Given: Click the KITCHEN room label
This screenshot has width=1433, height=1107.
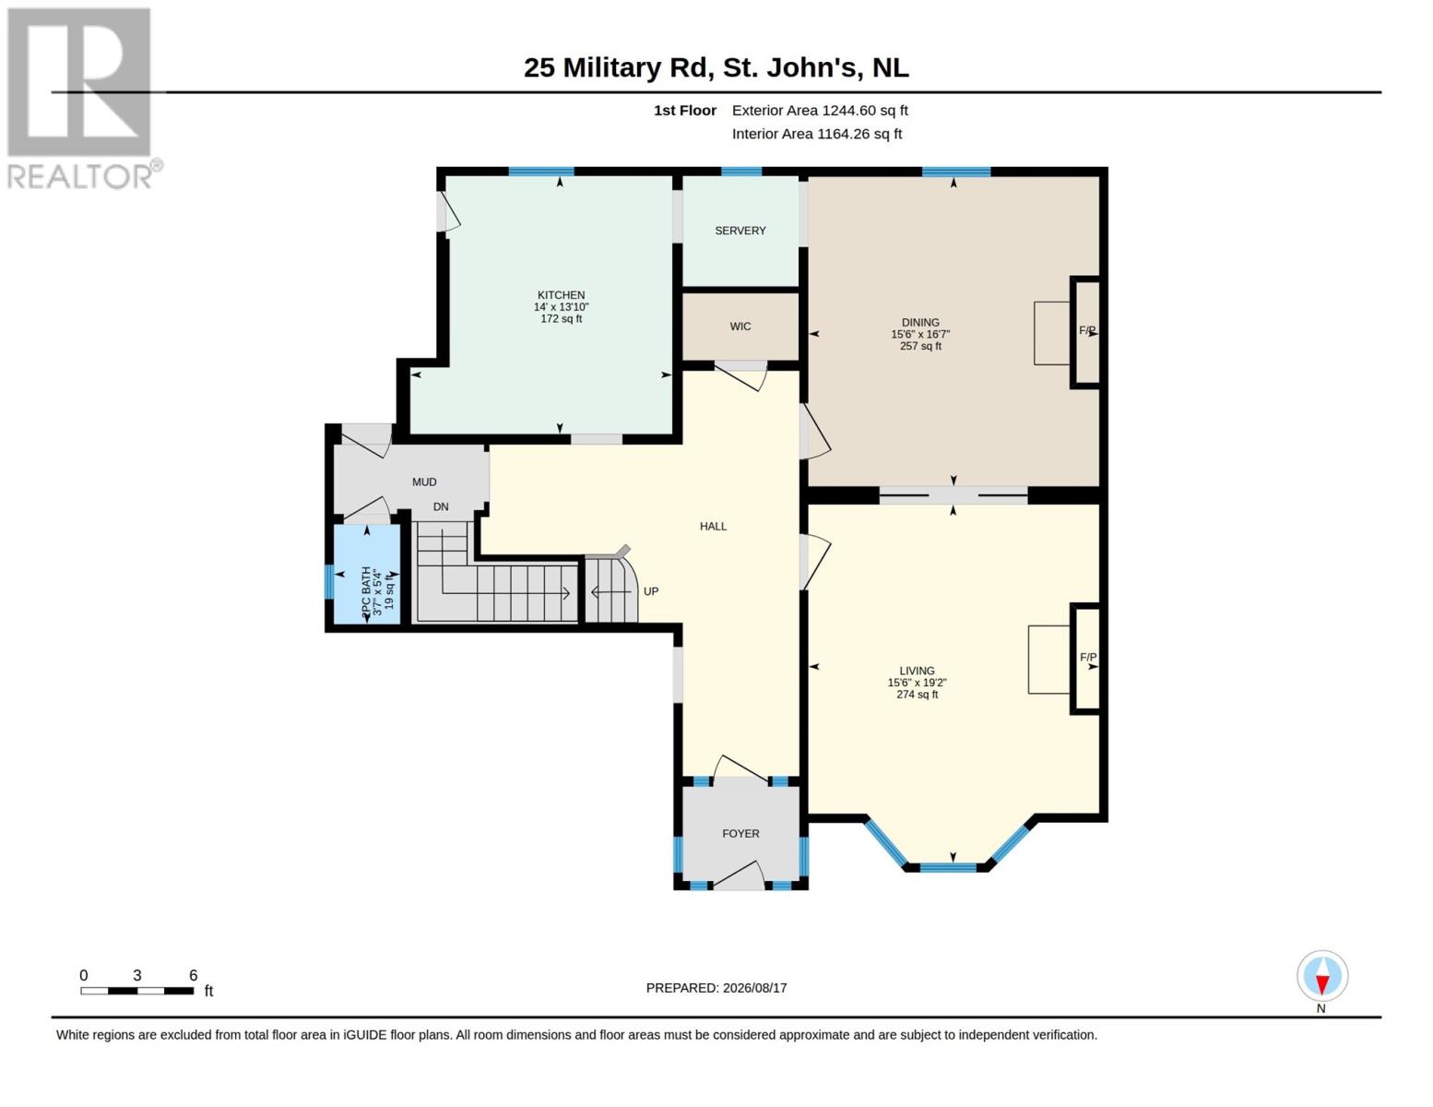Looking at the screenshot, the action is [x=561, y=295].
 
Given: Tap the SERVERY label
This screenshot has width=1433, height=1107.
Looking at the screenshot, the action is [x=740, y=231].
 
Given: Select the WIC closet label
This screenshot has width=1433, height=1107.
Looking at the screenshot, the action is [x=740, y=326].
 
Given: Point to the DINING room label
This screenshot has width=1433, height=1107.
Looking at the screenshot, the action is [x=920, y=323].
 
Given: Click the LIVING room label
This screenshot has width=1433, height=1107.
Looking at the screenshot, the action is [x=917, y=671].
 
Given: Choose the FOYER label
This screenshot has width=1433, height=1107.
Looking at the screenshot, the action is [x=740, y=833].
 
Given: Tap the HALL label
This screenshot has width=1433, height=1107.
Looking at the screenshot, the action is [x=713, y=526].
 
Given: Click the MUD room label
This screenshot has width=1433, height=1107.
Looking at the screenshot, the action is [x=424, y=482].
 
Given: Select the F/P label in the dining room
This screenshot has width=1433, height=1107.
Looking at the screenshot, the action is [x=1087, y=330].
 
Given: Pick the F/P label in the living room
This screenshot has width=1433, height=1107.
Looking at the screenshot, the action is [x=1088, y=657].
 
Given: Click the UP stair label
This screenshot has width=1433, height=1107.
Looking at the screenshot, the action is [x=650, y=591].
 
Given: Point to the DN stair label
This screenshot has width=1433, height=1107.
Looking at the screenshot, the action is [x=441, y=506].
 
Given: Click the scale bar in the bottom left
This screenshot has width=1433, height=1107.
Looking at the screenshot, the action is [x=137, y=991].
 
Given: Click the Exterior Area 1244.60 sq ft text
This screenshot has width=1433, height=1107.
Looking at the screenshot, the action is [x=820, y=110].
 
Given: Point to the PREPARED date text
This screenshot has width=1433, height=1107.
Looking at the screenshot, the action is [x=716, y=988].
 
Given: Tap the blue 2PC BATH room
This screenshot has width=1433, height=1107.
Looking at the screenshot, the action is [x=367, y=573].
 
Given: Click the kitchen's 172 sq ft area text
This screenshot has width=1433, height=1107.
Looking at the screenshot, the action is [x=561, y=318].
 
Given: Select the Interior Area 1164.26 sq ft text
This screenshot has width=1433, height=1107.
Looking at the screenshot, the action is [x=816, y=134].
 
